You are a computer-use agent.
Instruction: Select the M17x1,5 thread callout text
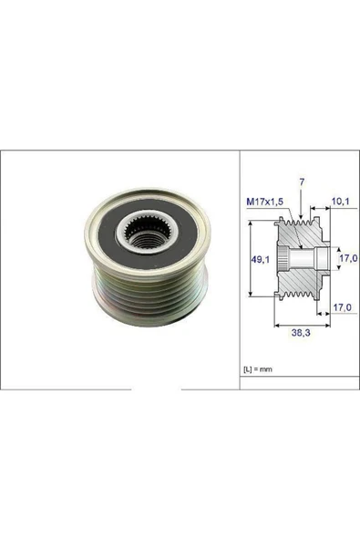click(264, 201)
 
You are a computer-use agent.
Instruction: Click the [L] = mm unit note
click(259, 369)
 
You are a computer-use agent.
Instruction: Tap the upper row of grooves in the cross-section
click(297, 224)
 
